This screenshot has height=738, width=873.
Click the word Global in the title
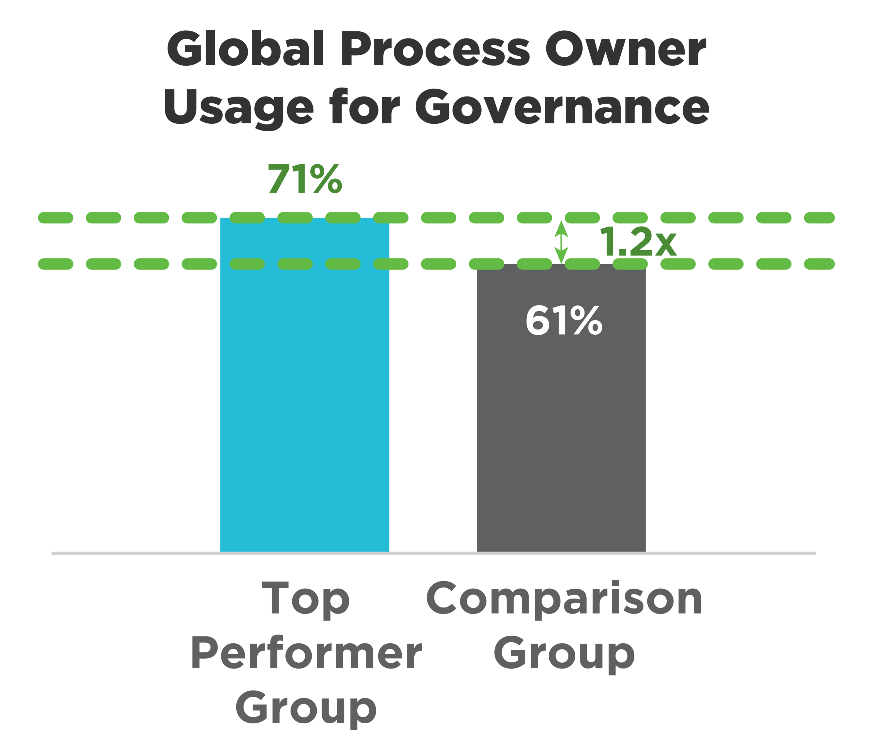tap(245, 48)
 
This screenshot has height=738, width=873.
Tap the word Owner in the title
tap(626, 48)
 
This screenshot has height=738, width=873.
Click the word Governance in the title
tap(562, 107)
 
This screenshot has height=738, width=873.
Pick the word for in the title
tap(365, 107)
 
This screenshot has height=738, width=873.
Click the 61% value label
tap(564, 320)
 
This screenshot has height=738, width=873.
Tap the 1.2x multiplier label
tap(638, 242)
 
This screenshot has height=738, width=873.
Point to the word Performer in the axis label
tap(306, 653)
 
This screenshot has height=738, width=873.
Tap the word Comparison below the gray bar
tap(564, 598)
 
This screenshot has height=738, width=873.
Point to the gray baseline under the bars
tap(125, 554)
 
